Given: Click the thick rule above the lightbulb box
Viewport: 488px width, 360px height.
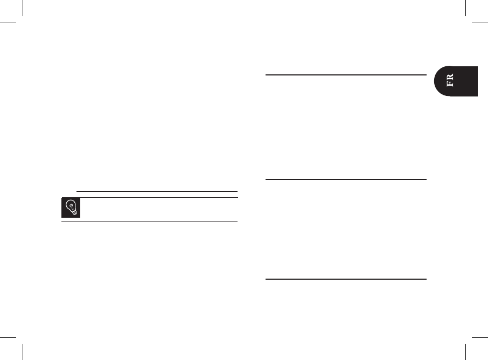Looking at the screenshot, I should click(157, 191).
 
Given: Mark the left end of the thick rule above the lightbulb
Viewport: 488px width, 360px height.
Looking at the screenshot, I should click(78, 191).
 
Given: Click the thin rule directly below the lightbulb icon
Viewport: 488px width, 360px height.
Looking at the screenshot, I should click(149, 221).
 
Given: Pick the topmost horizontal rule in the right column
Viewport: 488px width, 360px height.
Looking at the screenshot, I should click(346, 75).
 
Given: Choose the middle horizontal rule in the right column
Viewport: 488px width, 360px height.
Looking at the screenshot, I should click(346, 179).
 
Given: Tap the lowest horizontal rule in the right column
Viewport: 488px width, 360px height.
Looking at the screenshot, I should click(346, 279).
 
